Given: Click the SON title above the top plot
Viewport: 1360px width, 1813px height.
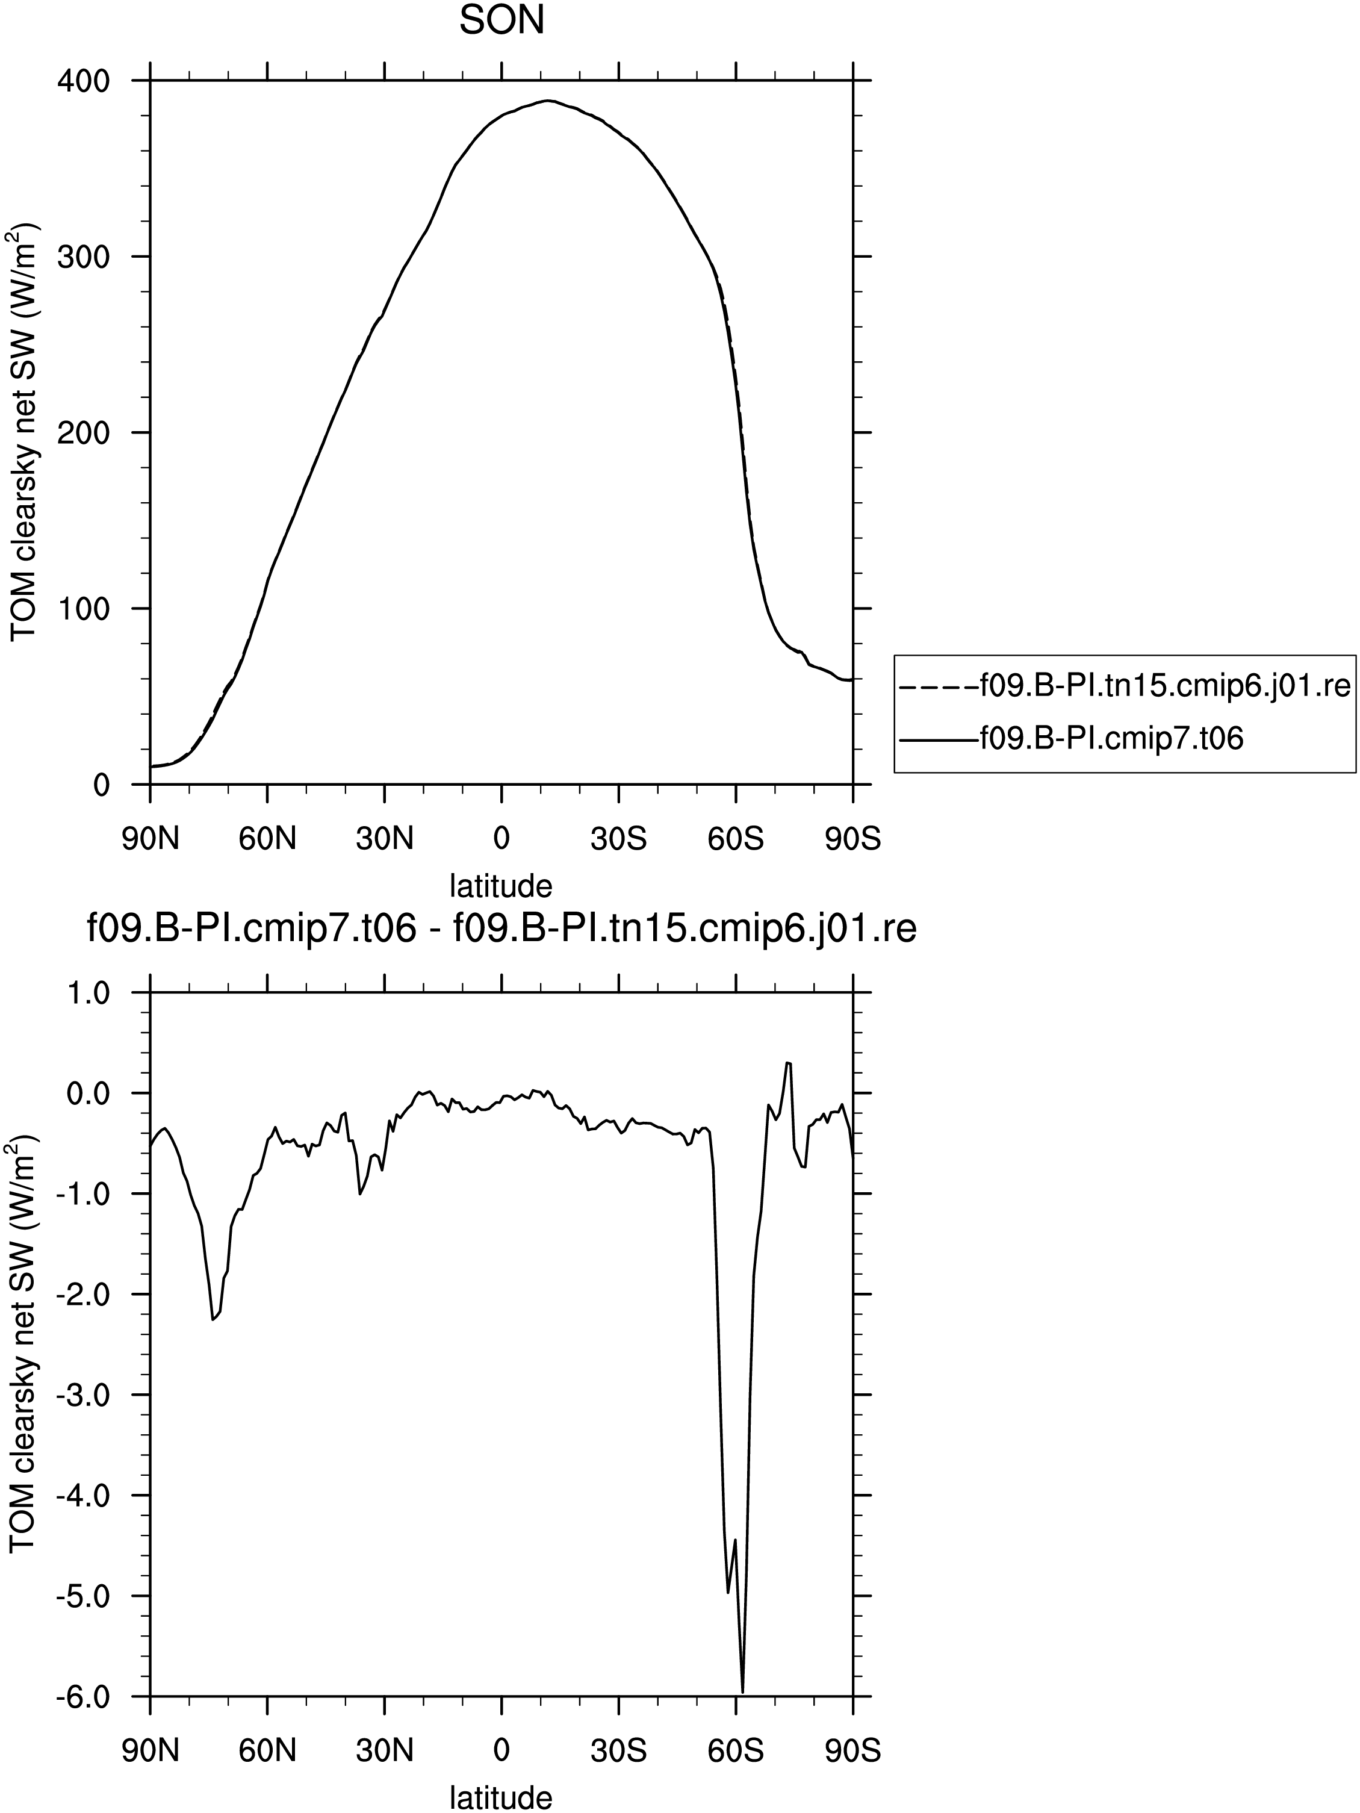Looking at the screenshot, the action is coord(501,21).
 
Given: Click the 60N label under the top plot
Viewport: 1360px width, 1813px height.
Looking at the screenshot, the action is coord(267,839).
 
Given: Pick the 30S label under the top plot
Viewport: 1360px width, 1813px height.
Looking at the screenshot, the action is coord(618,839).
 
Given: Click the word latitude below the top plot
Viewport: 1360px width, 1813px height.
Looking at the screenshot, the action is coord(501,886).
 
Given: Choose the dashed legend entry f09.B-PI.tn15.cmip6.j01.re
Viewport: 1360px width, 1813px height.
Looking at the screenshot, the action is coord(1124,685).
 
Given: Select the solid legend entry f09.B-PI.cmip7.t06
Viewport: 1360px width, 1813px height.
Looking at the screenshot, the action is coord(1072,738).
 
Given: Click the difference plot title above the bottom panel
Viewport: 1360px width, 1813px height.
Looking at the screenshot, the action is coord(501,930).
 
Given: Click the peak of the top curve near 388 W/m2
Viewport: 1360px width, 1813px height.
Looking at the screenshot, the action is coord(548,101).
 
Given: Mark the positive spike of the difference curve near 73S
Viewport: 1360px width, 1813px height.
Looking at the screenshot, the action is coord(787,1062).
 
